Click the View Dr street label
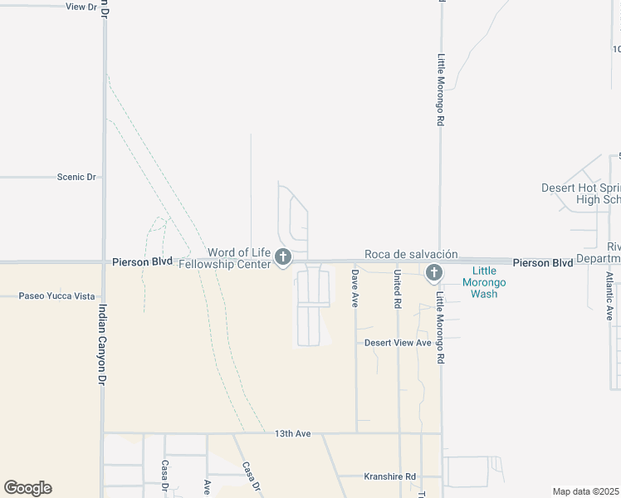[81, 6]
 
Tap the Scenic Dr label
[76, 177]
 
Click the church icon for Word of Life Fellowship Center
[282, 257]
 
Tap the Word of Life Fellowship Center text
[239, 258]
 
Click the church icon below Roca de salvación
[433, 272]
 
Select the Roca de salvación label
[411, 254]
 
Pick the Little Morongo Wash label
[496, 282]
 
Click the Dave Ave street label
[355, 288]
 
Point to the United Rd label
[398, 288]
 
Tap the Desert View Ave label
[399, 343]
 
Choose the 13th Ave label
[292, 433]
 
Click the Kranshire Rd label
[390, 476]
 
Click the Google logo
[27, 488]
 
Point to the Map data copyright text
[585, 491]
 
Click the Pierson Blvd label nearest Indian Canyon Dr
[142, 261]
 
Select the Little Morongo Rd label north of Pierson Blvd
[441, 90]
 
